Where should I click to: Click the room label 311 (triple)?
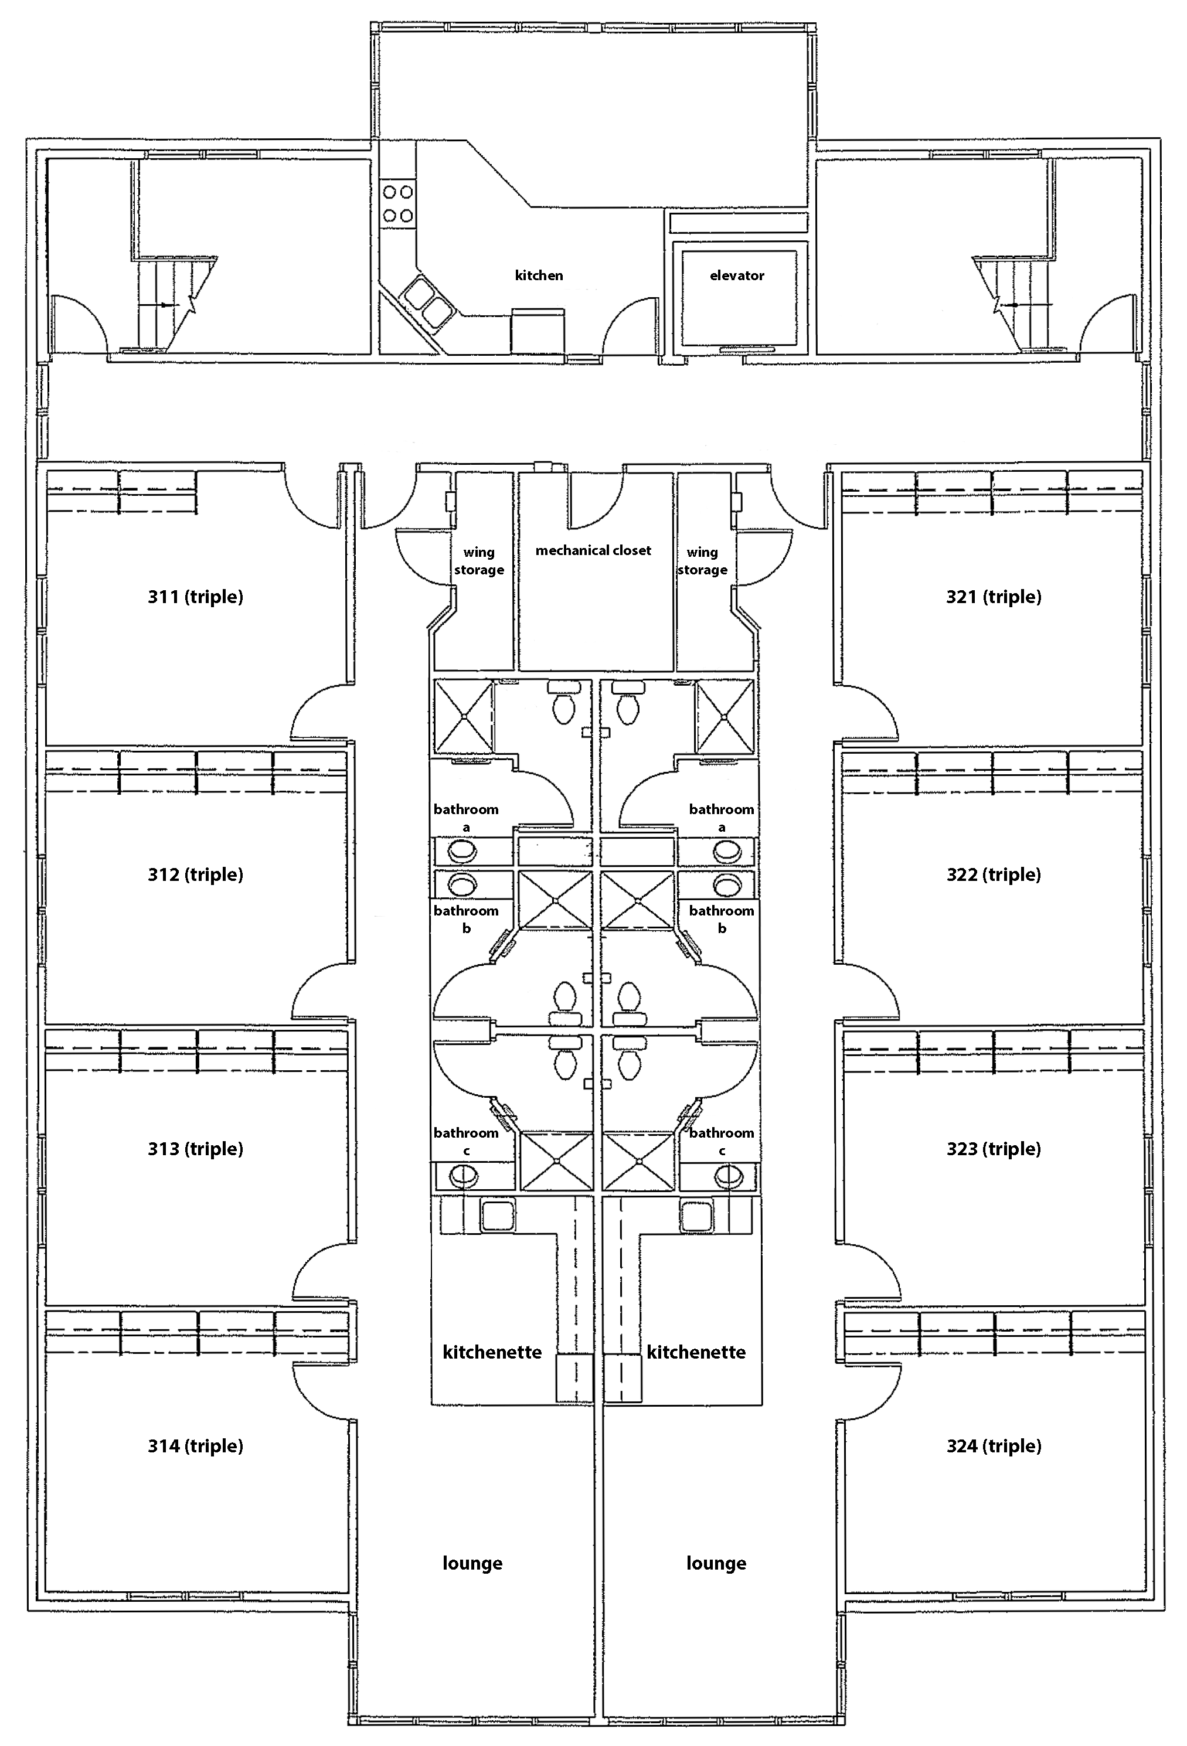click(195, 597)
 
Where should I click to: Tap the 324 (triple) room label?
click(994, 1447)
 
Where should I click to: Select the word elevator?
click(737, 275)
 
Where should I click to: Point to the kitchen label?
click(539, 275)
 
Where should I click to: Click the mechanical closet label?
click(593, 551)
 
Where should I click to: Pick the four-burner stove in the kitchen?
click(398, 203)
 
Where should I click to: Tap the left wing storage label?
click(479, 561)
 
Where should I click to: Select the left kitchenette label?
click(492, 1352)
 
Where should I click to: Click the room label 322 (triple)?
click(994, 874)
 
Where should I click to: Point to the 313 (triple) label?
click(195, 1149)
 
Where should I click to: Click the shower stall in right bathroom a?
click(725, 717)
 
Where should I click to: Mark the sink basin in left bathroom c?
click(462, 1176)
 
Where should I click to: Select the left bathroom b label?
click(466, 919)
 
